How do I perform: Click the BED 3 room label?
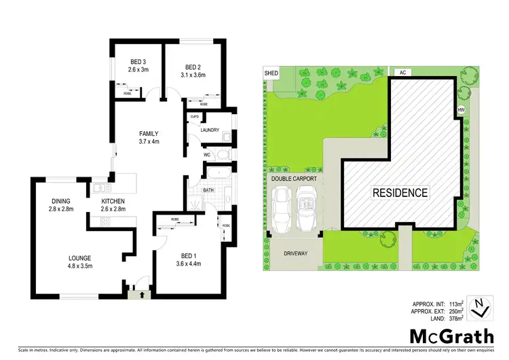[x=139, y=62]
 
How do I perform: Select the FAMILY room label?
[x=149, y=133]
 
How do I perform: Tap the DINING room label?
[x=61, y=201]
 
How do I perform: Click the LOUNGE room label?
[x=79, y=257]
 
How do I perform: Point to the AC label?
[x=402, y=71]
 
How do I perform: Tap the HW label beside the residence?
[x=461, y=109]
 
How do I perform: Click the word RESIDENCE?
[x=400, y=193]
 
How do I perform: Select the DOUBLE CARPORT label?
[x=294, y=179]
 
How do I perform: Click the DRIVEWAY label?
[x=296, y=253]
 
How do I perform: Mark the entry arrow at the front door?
[x=141, y=295]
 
